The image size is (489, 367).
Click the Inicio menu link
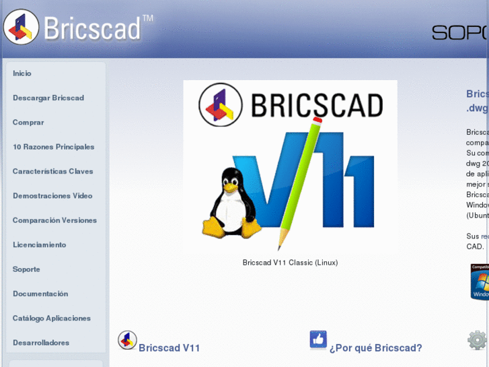[22, 73]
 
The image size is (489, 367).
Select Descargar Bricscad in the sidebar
[48, 98]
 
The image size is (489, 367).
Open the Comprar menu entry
[28, 123]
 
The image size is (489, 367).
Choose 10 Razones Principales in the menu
[54, 147]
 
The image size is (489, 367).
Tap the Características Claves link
[53, 171]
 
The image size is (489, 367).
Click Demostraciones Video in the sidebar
[52, 196]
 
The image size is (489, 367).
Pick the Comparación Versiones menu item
[54, 220]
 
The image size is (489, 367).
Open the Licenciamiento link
[40, 245]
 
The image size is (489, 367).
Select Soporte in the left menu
[26, 269]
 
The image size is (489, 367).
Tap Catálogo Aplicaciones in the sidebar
[52, 319]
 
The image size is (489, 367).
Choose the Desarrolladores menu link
[41, 343]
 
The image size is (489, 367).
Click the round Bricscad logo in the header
[21, 27]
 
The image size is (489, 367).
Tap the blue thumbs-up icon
[318, 339]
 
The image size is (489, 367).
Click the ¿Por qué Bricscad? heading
[375, 348]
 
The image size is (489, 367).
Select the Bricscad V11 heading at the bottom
[170, 348]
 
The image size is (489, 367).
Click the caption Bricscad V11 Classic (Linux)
[290, 263]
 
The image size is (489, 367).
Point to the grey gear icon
[477, 340]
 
